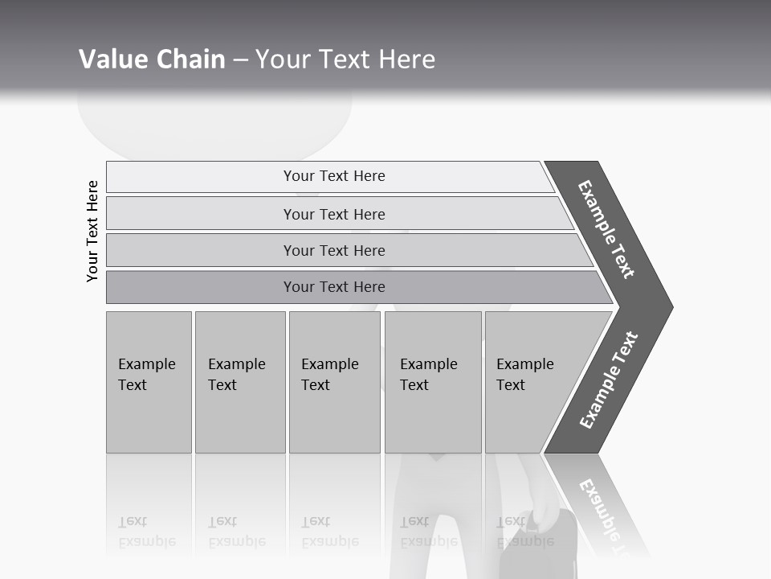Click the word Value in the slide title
[x=112, y=60]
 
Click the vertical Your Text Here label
[x=92, y=231]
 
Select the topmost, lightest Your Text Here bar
[x=333, y=176]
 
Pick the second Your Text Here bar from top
[x=333, y=214]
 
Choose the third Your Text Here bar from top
[x=333, y=250]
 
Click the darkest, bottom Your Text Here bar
[x=333, y=287]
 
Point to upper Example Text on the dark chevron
[x=607, y=229]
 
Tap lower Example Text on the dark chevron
[x=609, y=380]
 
